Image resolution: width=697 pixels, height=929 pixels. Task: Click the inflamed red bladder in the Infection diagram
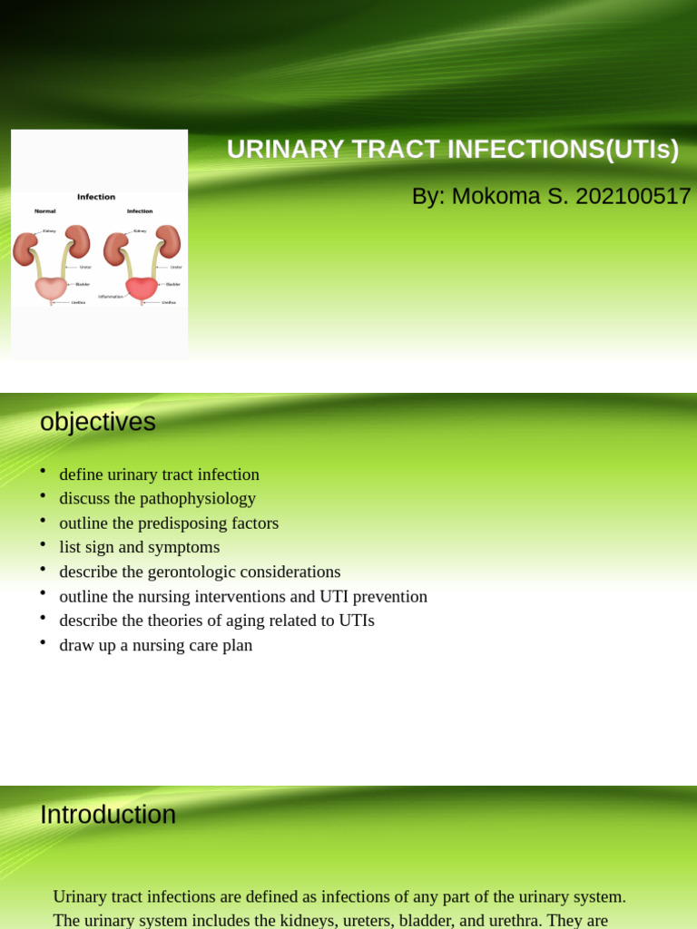click(141, 288)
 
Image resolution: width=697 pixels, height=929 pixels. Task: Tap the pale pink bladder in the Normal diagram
click(51, 288)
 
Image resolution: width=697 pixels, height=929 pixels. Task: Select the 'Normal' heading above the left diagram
click(45, 211)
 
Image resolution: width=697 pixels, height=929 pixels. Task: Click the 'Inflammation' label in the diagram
click(110, 297)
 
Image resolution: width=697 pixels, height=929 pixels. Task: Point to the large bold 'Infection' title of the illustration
click(96, 197)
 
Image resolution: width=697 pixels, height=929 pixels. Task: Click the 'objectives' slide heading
click(98, 422)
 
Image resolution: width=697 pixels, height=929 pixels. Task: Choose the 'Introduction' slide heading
click(108, 815)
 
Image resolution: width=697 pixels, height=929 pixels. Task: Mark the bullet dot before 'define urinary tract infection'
click(43, 471)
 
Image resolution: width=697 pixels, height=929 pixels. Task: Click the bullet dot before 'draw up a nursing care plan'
click(43, 642)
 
